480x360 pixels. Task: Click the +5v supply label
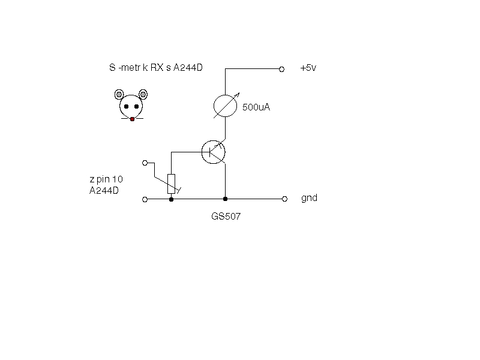pos(308,68)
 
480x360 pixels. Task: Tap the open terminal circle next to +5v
pos(281,70)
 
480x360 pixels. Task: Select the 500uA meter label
pos(256,107)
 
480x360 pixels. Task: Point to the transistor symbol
pos(214,152)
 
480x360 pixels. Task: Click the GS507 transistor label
pos(226,217)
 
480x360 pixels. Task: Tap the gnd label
pos(309,198)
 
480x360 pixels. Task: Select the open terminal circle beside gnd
pos(284,199)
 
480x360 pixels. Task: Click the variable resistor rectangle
pos(172,184)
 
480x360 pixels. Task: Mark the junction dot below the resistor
pos(172,200)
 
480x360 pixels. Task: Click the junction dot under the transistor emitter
pos(226,199)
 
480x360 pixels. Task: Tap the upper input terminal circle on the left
pos(145,163)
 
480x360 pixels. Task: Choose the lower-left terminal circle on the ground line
pos(145,200)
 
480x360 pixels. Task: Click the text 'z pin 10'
pos(106,179)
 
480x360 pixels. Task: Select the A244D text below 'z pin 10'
pos(104,190)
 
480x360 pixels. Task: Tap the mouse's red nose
pos(132,119)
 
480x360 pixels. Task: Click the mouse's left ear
pos(119,94)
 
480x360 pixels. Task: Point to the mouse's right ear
pos(143,94)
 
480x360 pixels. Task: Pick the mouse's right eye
pos(137,107)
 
